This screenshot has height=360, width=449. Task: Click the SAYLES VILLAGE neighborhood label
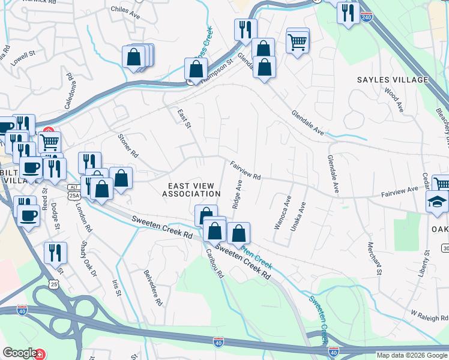coord(393,80)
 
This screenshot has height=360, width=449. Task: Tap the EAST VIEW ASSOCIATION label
coord(191,190)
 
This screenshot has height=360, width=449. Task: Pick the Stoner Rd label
coord(127,146)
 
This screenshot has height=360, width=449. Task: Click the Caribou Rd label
coord(214,263)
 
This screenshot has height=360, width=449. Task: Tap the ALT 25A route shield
coord(74,191)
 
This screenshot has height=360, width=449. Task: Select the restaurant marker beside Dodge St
coord(55,251)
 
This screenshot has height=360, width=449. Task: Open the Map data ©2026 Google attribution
coord(412,355)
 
